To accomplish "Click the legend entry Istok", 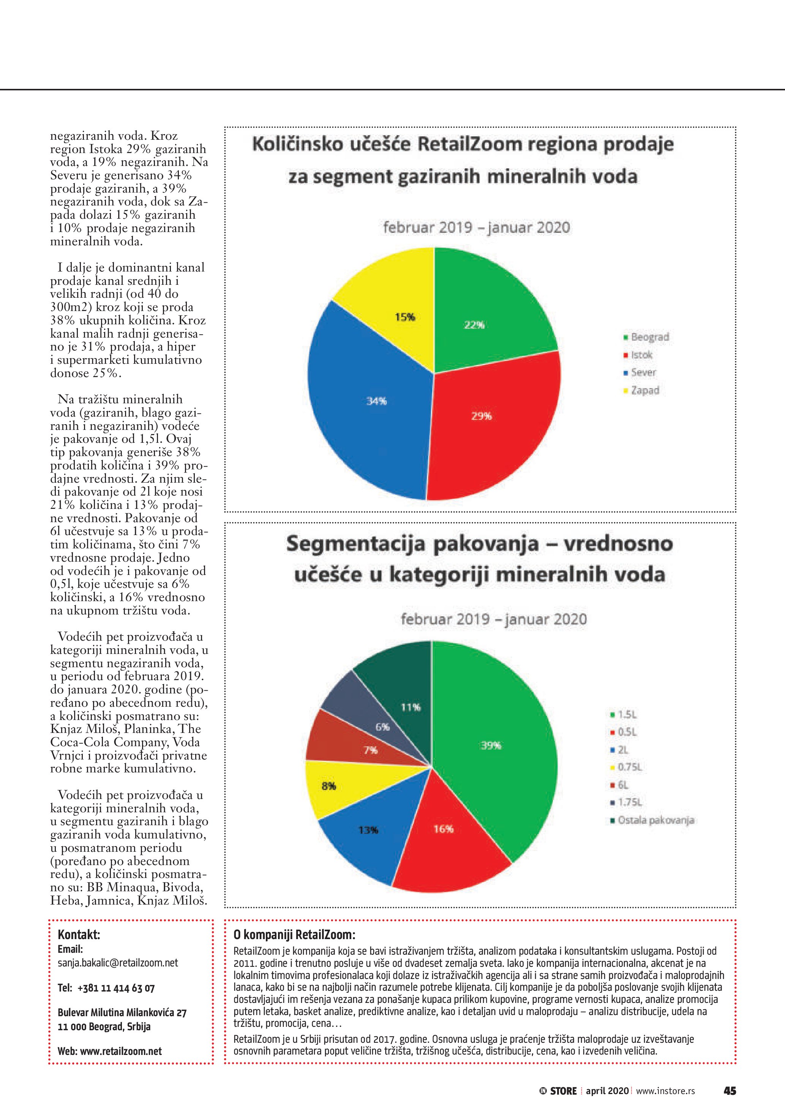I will (x=641, y=355).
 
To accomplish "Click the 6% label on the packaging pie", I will (x=382, y=726).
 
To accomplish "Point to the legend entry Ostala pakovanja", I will (x=655, y=820).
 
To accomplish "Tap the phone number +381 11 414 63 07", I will (x=115, y=988).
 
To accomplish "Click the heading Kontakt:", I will (x=79, y=934).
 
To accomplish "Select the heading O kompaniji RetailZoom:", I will (x=294, y=934).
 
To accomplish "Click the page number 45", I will (x=730, y=1091).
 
